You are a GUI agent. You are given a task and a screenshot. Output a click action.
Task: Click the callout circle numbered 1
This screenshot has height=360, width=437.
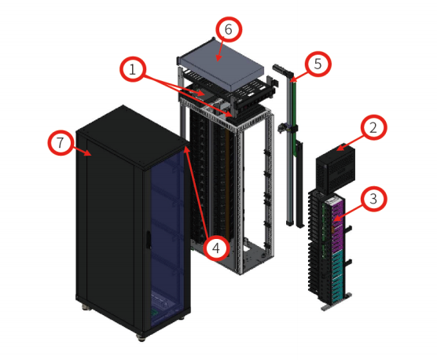point(133,69)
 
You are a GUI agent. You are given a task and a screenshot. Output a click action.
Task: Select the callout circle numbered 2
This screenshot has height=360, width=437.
point(373,127)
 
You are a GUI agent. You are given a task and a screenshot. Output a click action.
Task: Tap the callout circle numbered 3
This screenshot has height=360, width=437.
point(373,199)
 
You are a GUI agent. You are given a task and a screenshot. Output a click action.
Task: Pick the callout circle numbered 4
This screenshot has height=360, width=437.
point(216,248)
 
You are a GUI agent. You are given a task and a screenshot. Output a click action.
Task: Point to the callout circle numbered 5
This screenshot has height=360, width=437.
point(318,64)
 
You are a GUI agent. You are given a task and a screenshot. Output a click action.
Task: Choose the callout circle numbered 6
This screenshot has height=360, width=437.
point(229,29)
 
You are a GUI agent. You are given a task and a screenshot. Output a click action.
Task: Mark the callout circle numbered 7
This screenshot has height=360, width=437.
point(61,142)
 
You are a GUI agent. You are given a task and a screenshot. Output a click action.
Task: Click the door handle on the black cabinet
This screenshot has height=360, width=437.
point(149,240)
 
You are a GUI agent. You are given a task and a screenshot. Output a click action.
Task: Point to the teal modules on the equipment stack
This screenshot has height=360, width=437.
point(337,276)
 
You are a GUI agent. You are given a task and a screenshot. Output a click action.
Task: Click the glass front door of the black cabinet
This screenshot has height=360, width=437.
point(167,240)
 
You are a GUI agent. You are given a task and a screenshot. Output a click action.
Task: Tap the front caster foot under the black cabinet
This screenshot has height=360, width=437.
point(141,338)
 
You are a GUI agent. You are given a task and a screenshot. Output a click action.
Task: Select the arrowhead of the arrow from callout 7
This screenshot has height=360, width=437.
point(89,154)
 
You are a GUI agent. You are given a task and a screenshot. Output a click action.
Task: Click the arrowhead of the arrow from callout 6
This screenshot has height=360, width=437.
point(218,58)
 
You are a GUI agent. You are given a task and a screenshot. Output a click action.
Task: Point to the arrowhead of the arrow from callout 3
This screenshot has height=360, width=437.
point(336,219)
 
